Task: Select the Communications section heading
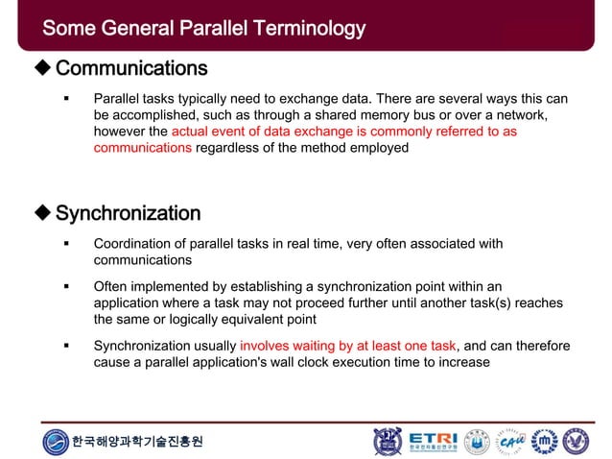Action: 130,69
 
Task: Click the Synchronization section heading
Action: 128,213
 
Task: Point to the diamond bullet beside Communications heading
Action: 42,69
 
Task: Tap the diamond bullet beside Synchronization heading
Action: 42,213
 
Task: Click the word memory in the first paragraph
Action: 383,114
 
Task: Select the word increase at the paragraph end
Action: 462,363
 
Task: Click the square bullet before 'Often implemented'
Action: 67,286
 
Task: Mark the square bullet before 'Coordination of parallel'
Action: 67,244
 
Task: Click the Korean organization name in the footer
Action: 137,442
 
